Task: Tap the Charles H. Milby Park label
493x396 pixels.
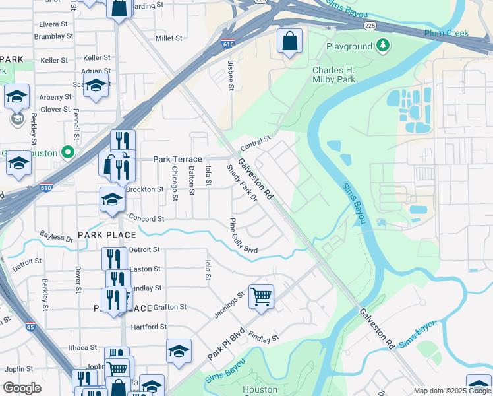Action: [x=333, y=75]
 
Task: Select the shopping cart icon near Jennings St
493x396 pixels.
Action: [x=261, y=296]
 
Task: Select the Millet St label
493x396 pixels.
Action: [x=168, y=38]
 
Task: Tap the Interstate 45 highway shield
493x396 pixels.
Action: [x=30, y=325]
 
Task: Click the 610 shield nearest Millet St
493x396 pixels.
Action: [x=227, y=44]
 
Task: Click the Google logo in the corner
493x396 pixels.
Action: [x=22, y=388]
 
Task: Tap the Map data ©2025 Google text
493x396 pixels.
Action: [x=452, y=391]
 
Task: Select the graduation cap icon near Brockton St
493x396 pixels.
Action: [x=113, y=199]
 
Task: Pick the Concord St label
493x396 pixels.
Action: [x=146, y=218]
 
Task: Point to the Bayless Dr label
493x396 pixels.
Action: [x=56, y=236]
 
